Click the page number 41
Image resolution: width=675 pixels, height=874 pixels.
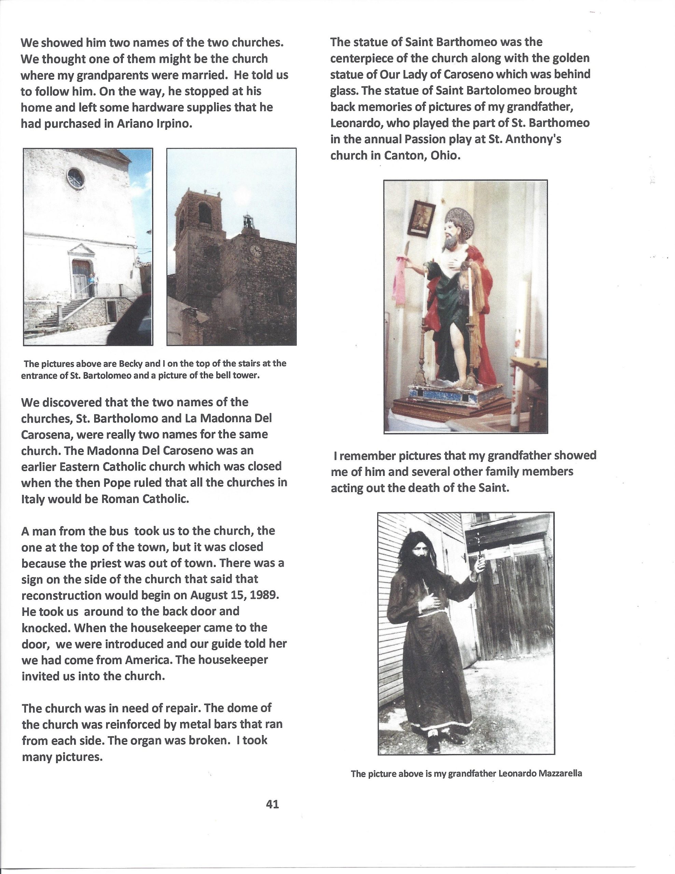[272, 804]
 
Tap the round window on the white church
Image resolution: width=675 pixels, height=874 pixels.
[75, 178]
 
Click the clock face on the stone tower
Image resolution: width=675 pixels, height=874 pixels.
[255, 251]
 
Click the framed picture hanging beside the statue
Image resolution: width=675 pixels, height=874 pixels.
[421, 218]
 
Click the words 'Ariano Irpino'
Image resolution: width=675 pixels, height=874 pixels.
[154, 124]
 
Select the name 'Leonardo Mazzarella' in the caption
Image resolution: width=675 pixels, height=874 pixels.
[540, 774]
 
